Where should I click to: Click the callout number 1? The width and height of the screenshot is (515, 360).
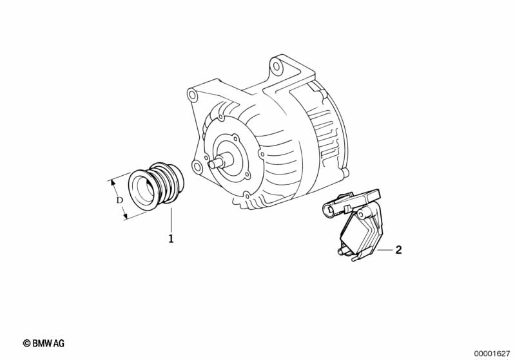tap(171, 238)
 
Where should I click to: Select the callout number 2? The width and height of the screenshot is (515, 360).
tap(398, 250)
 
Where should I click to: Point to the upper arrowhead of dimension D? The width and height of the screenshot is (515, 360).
tap(113, 183)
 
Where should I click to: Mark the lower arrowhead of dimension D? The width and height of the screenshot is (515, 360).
tap(124, 216)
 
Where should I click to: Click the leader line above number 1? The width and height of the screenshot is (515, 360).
tap(171, 220)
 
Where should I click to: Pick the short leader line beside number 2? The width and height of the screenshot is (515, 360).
tap(385, 250)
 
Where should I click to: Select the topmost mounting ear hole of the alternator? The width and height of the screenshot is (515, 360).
tap(277, 67)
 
